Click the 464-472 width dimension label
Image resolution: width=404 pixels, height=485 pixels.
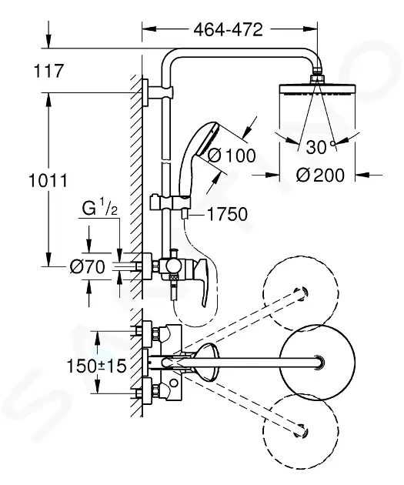(x=227, y=30)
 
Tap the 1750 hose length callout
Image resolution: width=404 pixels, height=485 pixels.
(x=226, y=215)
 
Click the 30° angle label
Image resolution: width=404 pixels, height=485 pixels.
(x=317, y=145)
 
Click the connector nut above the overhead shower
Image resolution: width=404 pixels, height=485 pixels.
(x=316, y=78)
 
